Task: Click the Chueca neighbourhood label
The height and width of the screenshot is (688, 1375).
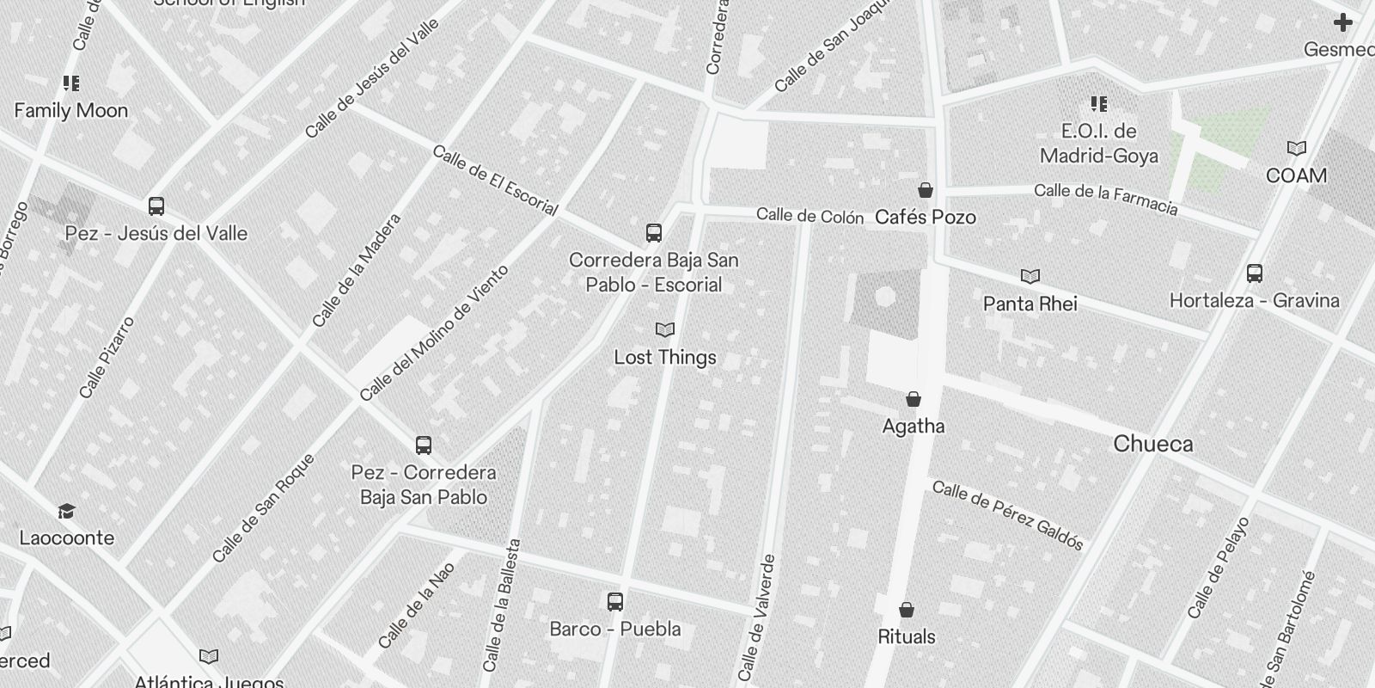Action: pos(1152,444)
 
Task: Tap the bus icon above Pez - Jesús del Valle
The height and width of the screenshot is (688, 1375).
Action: pos(156,206)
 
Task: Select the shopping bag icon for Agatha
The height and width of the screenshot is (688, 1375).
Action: pos(914,399)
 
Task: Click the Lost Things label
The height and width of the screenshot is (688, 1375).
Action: pos(664,357)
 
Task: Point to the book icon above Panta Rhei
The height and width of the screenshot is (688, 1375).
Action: pos(1030,276)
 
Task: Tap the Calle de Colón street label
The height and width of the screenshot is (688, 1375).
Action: pos(810,215)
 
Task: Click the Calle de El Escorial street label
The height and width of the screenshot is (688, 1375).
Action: pos(495,180)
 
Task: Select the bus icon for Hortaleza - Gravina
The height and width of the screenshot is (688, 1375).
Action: pos(1255,273)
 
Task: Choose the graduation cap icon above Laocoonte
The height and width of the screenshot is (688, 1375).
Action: pos(66,512)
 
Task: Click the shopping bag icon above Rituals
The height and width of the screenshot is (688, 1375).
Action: pos(907,610)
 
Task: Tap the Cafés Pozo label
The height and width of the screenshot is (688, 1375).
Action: pos(925,217)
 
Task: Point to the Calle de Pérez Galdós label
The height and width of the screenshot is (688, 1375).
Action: pos(1007,515)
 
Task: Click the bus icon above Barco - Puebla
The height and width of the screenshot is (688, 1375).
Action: pos(615,602)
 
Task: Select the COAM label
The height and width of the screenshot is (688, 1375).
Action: pos(1296,175)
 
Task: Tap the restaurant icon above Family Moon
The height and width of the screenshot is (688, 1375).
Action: pos(71,83)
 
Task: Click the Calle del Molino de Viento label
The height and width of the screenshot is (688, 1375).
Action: pos(434,333)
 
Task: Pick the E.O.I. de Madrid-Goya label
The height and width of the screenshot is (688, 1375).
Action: pos(1098,144)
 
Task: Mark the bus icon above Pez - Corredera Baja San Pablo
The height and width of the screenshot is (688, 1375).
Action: pos(424,445)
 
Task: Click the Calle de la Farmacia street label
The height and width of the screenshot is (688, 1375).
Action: pos(1105,199)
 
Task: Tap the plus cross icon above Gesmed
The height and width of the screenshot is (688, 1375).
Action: pos(1342,22)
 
